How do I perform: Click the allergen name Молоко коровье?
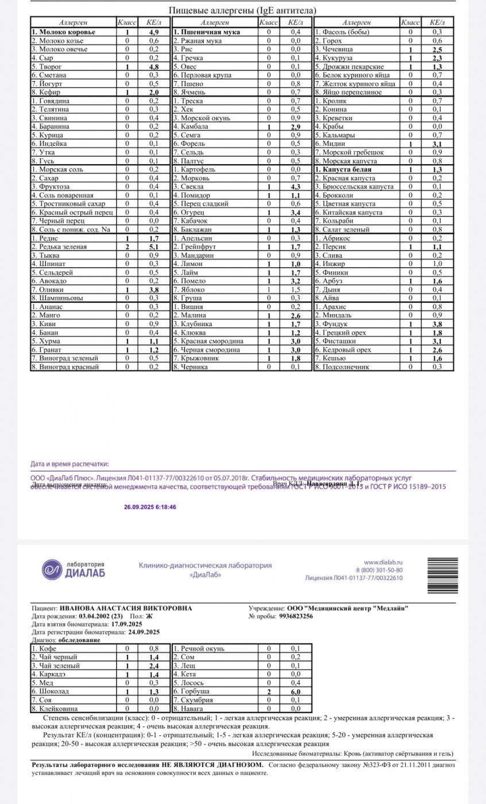(64, 33)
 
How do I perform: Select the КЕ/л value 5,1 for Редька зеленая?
(154, 247)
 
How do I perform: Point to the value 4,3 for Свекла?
(296, 187)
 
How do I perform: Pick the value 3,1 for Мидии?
(437, 144)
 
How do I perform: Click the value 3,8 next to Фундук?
(437, 324)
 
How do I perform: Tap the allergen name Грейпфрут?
(196, 247)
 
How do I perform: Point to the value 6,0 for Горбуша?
(296, 692)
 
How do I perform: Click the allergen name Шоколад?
(51, 692)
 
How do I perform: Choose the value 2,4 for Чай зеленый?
(154, 666)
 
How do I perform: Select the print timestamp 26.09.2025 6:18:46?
(150, 507)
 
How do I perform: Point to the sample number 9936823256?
(296, 616)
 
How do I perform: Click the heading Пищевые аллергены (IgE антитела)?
(243, 11)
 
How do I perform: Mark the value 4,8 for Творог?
(154, 67)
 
